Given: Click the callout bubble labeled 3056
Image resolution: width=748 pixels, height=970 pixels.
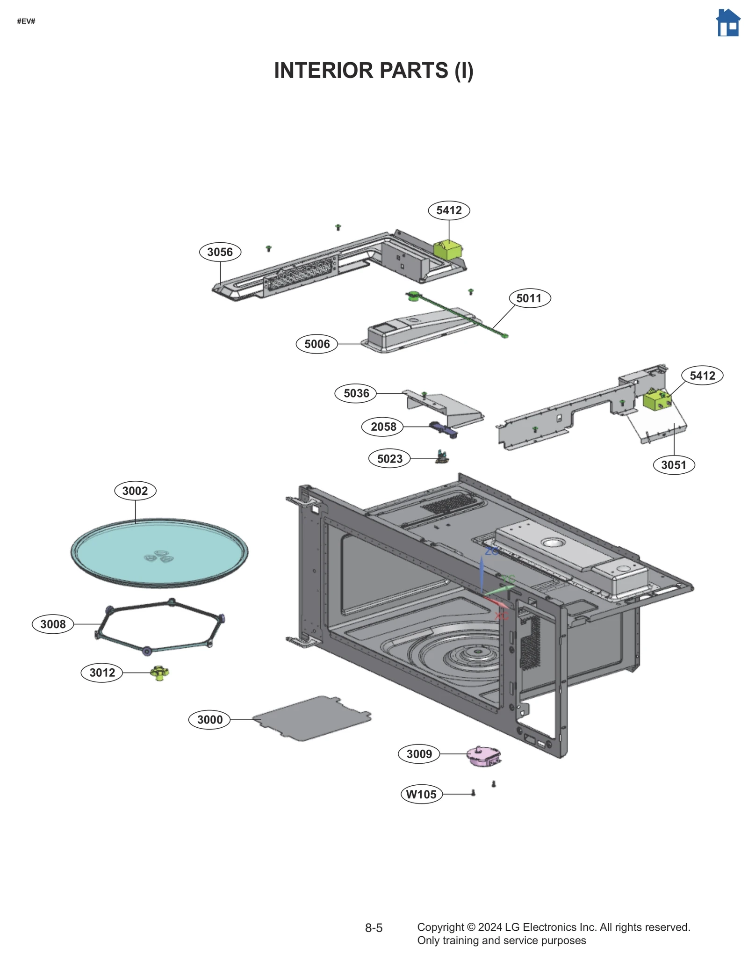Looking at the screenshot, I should click(x=220, y=252).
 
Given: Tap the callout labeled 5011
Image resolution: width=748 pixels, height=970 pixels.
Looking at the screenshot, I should click(x=529, y=298).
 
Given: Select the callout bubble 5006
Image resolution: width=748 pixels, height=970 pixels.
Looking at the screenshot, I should click(x=316, y=344).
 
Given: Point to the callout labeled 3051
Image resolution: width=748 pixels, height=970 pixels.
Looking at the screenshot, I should click(x=673, y=465).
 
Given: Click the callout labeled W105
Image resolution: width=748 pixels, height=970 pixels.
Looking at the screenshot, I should click(x=421, y=794).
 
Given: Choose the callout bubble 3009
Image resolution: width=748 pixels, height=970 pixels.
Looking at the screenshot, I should click(x=419, y=753).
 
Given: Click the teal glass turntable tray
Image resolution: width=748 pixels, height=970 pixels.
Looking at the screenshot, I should click(x=159, y=552).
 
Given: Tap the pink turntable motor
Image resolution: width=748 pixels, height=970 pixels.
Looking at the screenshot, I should click(x=483, y=756).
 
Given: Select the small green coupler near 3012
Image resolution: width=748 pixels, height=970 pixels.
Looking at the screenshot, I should click(x=159, y=673).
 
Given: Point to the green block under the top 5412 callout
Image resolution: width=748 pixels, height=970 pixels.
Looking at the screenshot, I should click(x=447, y=249).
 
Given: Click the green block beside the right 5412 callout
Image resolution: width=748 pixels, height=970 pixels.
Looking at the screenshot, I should click(x=656, y=400).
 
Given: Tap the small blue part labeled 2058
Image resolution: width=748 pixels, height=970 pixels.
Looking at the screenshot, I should click(x=442, y=428).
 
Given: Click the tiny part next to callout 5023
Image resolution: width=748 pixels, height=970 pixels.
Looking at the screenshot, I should click(x=442, y=457).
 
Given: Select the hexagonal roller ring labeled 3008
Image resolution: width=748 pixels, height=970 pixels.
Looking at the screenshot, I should click(x=159, y=626).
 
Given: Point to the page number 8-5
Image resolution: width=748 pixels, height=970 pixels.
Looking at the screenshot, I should click(x=374, y=928).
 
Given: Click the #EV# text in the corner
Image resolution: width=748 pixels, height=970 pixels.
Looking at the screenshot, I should click(x=26, y=21).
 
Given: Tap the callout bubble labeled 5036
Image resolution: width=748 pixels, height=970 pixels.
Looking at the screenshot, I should click(x=356, y=393).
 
